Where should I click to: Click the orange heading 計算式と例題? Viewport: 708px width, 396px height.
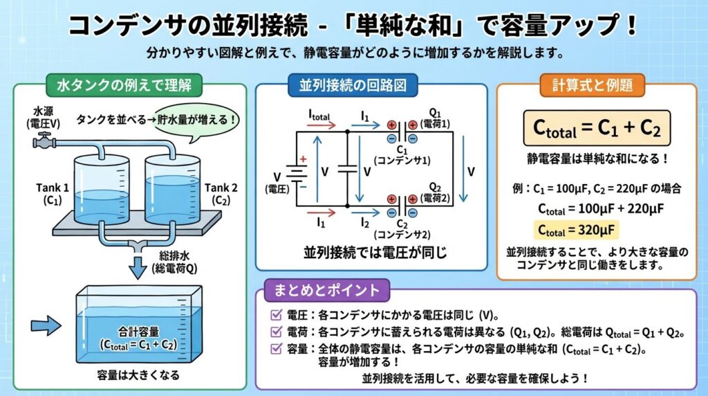597,86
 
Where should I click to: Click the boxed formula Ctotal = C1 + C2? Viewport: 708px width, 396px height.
597,127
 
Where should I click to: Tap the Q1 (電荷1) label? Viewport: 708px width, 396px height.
436,116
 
